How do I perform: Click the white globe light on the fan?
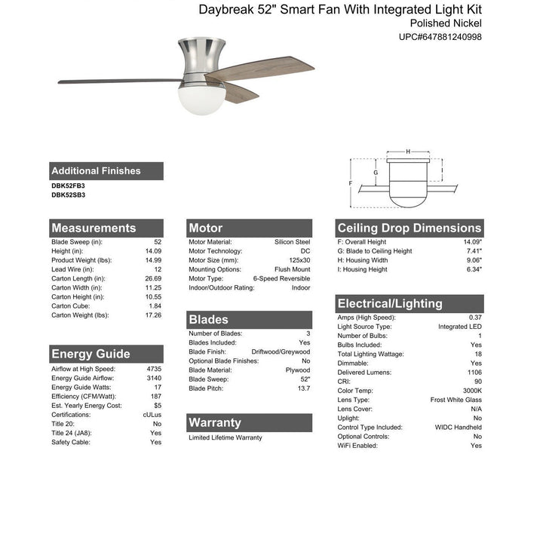point(194,97)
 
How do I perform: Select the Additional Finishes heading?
point(96,171)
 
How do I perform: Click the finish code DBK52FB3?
point(69,186)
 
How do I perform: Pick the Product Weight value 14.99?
point(152,260)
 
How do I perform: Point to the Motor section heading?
point(206,228)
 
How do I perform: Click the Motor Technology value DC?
point(304,251)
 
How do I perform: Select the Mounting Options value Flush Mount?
point(292,269)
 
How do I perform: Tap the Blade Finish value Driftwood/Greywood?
point(281,351)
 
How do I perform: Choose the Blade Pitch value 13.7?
point(303,388)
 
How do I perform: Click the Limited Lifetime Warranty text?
point(225,437)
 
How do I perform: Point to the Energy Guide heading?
point(90,354)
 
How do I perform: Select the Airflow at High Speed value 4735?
point(154,369)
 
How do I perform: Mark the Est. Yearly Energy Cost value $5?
point(157,406)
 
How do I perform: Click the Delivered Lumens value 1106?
point(473,372)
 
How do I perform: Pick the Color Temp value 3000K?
point(471,390)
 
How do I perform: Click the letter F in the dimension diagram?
point(351,183)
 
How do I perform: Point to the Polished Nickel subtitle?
point(440,23)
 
